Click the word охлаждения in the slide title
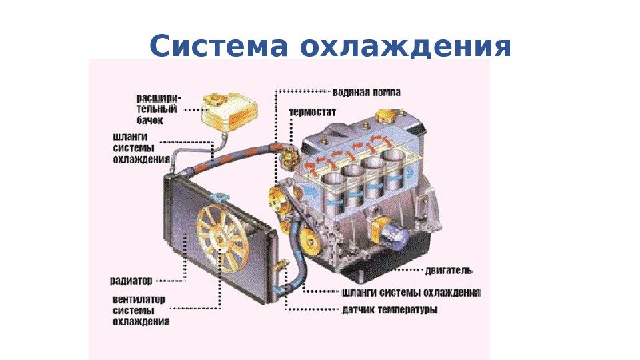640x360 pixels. (406, 47)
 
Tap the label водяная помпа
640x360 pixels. (365, 92)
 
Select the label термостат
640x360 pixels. (313, 111)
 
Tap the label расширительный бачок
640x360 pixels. (157, 109)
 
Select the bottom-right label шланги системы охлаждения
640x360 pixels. (411, 292)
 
